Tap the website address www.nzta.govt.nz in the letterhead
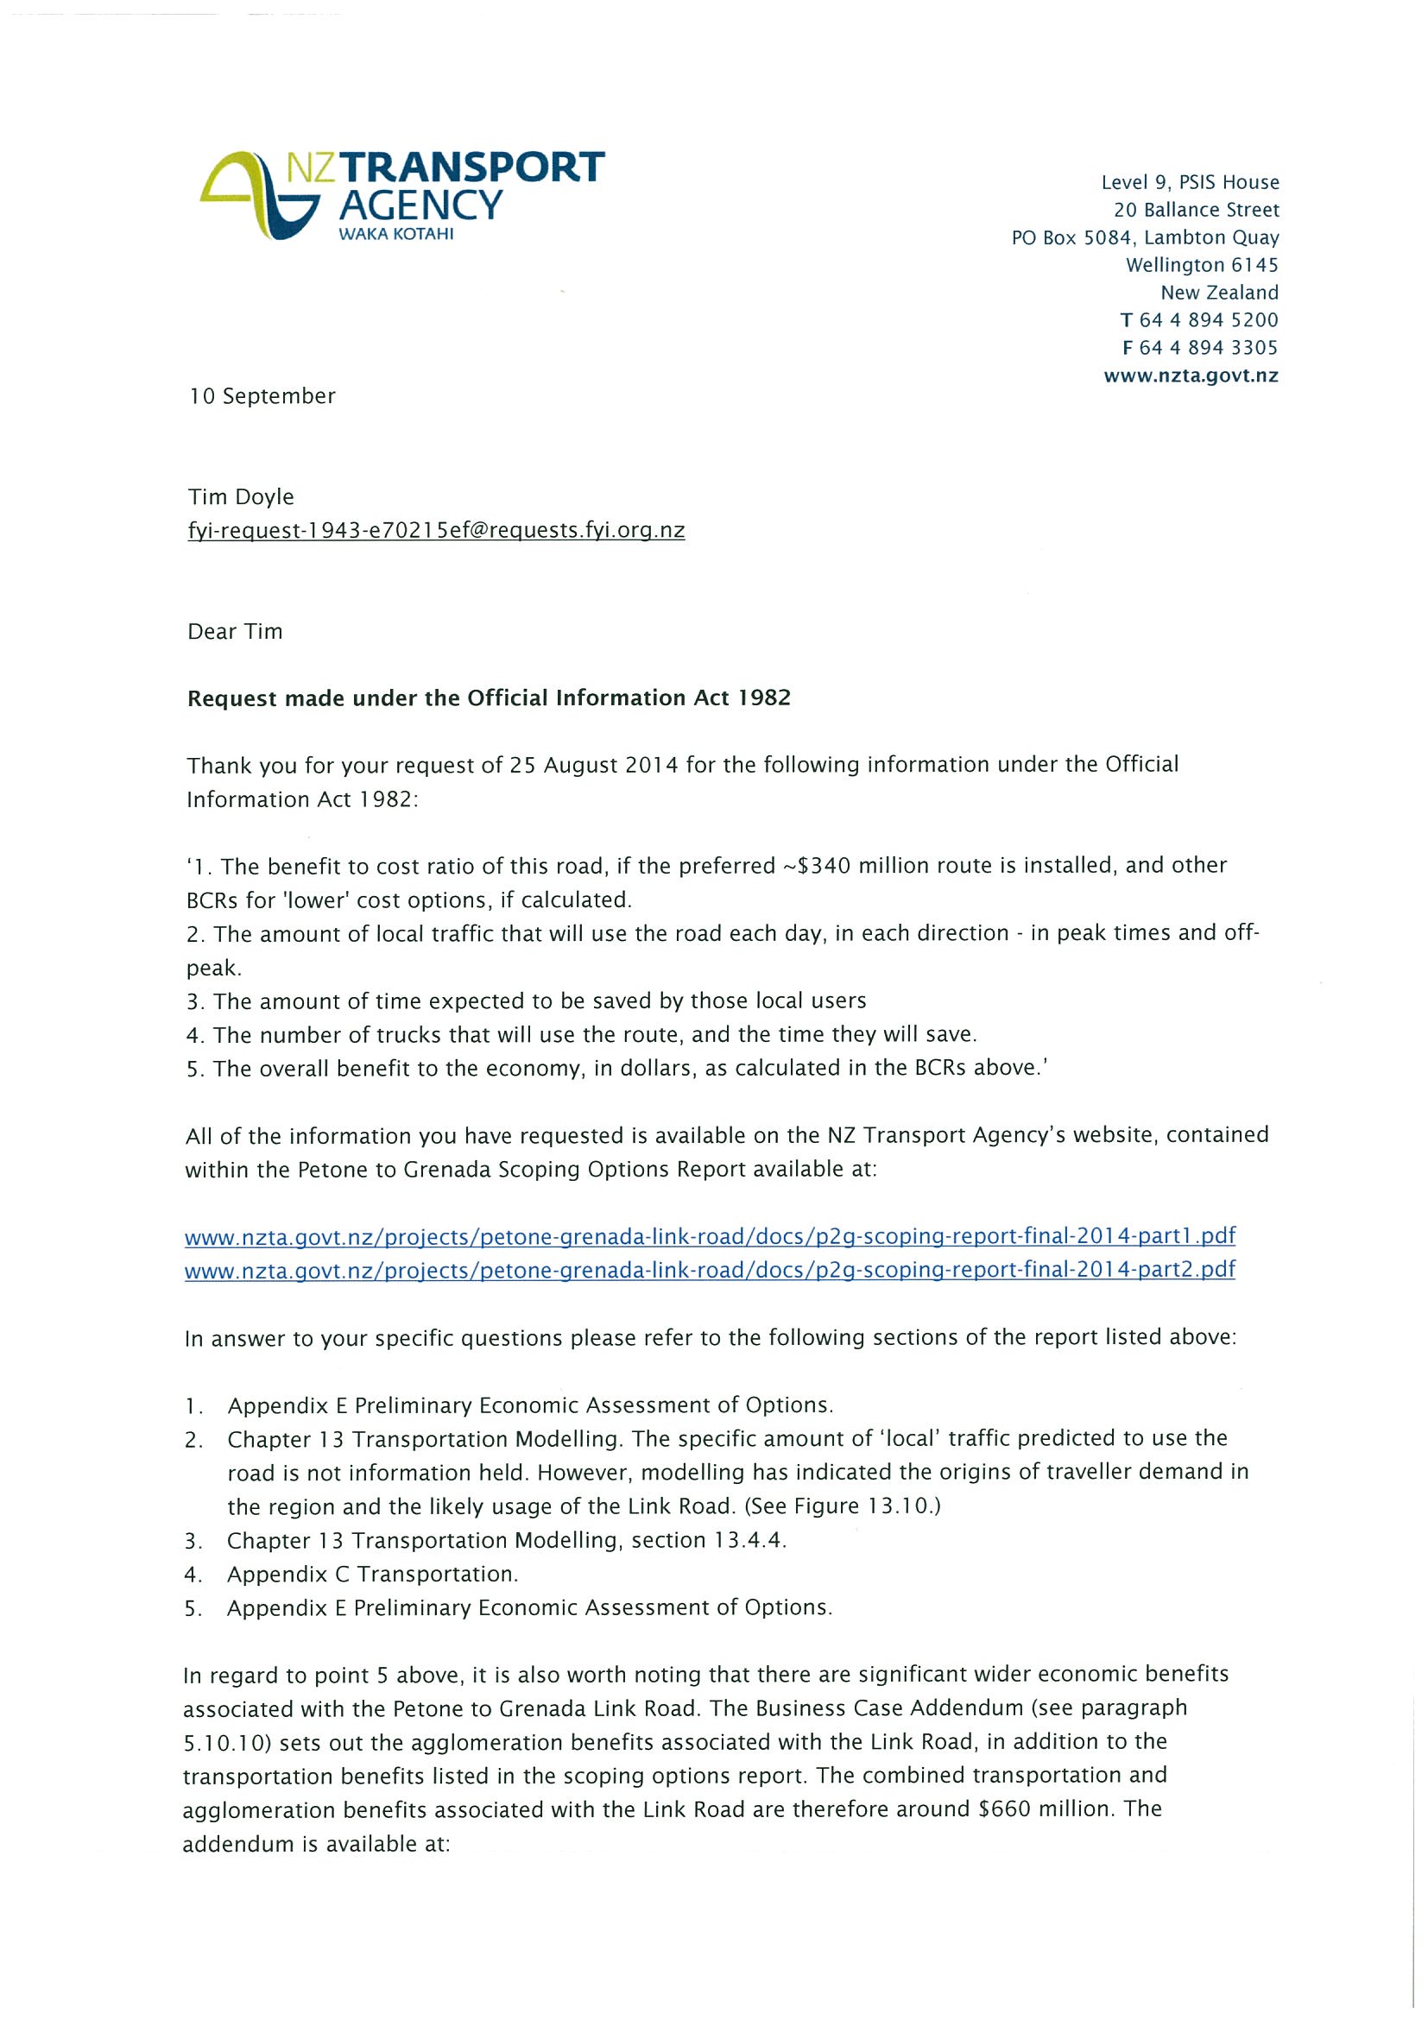click(1191, 376)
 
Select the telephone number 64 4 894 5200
click(1208, 320)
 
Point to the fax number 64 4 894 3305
click(1208, 348)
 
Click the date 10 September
click(262, 396)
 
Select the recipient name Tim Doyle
click(241, 497)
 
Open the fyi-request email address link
click(435, 531)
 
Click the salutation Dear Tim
click(235, 632)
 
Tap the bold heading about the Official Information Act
click(489, 698)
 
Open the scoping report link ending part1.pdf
click(709, 1236)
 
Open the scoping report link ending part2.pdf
click(709, 1270)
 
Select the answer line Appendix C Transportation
click(372, 1574)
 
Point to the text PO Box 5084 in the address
click(1071, 237)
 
